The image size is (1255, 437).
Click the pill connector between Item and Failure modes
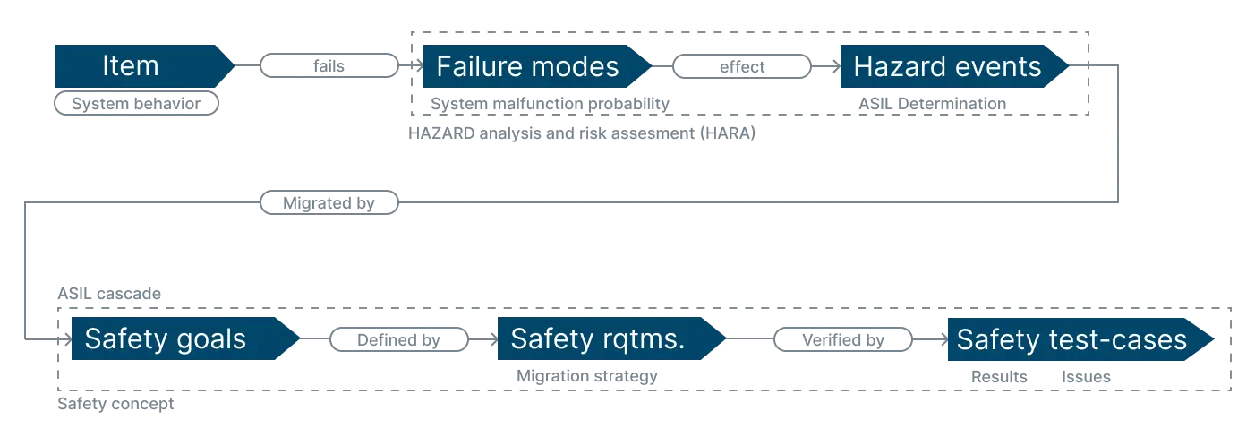point(329,65)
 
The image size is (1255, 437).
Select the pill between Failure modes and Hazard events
point(743,65)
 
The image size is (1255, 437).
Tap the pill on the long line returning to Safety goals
point(329,201)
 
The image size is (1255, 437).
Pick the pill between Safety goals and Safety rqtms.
point(400,338)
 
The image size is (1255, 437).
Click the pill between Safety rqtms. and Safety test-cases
point(843,338)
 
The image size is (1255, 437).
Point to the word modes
point(578,67)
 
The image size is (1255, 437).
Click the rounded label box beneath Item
point(136,105)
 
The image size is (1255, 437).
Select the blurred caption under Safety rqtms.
point(586,380)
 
